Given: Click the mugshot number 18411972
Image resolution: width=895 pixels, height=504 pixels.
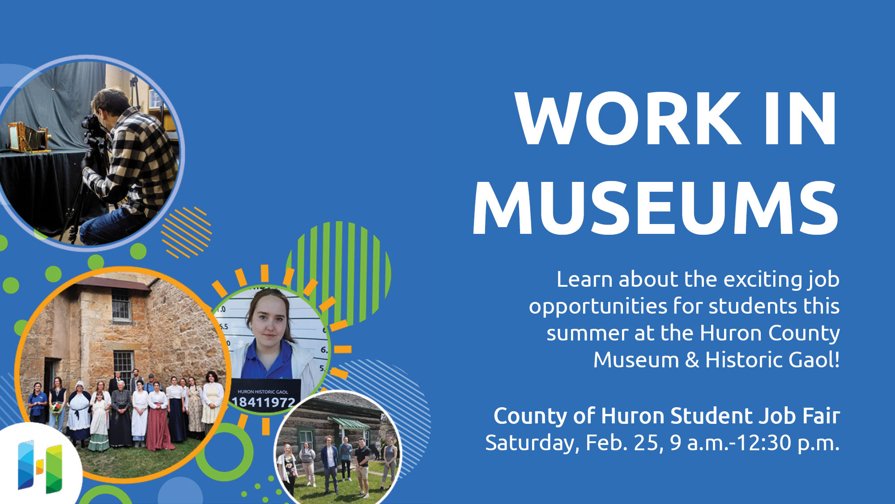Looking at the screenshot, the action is click(x=264, y=402).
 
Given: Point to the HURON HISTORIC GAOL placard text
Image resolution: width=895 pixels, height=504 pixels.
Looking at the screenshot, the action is click(x=263, y=392).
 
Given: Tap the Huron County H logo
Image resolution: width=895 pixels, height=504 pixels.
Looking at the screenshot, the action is click(x=40, y=466).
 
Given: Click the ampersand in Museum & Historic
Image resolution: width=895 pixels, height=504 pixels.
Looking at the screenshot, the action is click(x=692, y=360).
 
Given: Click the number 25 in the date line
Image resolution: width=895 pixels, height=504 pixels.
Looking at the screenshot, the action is click(x=646, y=443).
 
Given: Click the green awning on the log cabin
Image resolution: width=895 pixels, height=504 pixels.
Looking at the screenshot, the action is click(x=350, y=422).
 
